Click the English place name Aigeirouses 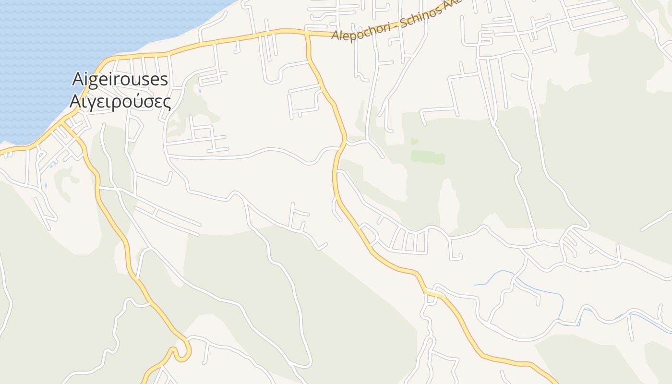[x=120, y=79]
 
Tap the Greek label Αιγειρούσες [x=120, y=102]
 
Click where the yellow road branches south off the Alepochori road [x=307, y=35]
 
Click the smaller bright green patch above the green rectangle [x=414, y=141]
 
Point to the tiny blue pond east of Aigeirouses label [x=200, y=90]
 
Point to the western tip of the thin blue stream [x=475, y=285]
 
